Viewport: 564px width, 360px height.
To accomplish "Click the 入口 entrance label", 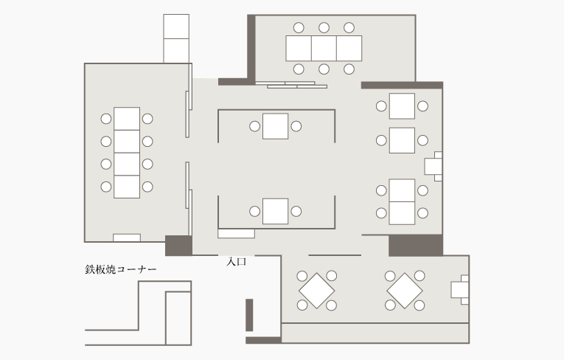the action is pos(237,262).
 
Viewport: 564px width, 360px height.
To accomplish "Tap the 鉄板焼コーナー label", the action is pos(121,270).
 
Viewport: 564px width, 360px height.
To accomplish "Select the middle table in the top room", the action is pos(324,48).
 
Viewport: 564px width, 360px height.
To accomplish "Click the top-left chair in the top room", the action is pos(299,28).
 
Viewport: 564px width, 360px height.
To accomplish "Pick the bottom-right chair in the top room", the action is pos(349,69).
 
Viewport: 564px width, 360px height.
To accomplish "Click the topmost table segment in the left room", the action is pos(127,119).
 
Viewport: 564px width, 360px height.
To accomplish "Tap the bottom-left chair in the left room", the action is pos(106,187).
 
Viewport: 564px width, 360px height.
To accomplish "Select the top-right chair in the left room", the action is pos(147,119).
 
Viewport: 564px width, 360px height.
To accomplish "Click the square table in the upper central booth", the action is pos(275,126).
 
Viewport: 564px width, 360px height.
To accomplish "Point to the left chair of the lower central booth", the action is pos(254,211).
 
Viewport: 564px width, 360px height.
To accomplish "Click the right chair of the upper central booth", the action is pos(296,126).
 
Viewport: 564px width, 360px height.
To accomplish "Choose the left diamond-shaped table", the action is pos(317,291).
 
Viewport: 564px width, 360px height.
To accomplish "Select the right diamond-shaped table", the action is pos(405,291).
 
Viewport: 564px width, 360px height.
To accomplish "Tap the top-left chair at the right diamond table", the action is pos(390,276).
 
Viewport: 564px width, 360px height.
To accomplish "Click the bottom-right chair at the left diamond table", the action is pos(331,305).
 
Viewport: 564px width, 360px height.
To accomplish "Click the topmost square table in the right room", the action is pos(402,106).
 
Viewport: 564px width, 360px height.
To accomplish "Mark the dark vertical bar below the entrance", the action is pos(249,315).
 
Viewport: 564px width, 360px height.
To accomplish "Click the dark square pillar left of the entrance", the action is pos(178,246).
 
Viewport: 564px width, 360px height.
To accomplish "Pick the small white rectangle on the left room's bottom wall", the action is pos(127,238).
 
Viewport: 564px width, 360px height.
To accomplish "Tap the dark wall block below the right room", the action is pos(416,246).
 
